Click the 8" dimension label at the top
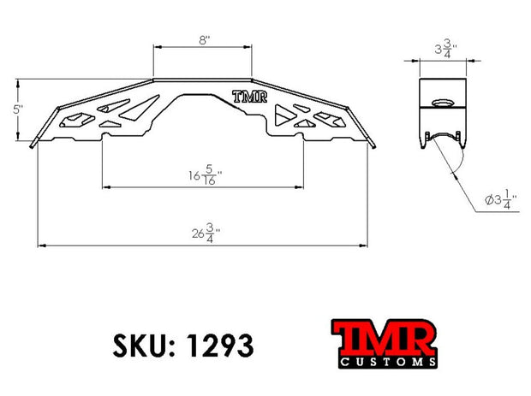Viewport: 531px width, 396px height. click(x=204, y=40)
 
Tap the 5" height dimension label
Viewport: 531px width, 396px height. click(x=18, y=109)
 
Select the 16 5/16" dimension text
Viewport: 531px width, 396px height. click(x=206, y=174)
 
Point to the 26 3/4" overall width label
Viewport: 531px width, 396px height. click(x=206, y=233)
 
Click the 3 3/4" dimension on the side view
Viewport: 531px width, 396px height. click(x=445, y=49)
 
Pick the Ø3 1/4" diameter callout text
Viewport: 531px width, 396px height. click(x=501, y=200)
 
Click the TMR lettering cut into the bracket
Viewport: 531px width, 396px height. click(x=249, y=97)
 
